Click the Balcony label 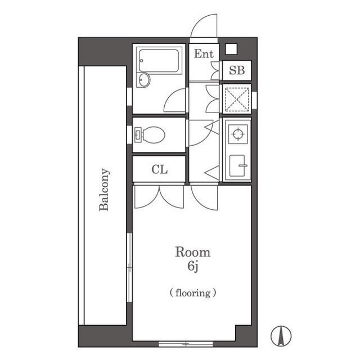pyautogui.click(x=105, y=190)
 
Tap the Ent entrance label pyautogui.click(x=204, y=54)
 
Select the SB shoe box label pyautogui.click(x=237, y=70)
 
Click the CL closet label pyautogui.click(x=160, y=170)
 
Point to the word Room pyautogui.click(x=193, y=252)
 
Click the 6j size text pyautogui.click(x=193, y=267)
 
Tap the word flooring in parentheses pyautogui.click(x=193, y=293)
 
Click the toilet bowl pyautogui.click(x=150, y=135)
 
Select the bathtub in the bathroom pyautogui.click(x=159, y=61)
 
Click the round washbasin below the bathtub pyautogui.click(x=144, y=80)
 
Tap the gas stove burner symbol pyautogui.click(x=238, y=134)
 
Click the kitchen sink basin pyautogui.click(x=237, y=166)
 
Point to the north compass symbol pyautogui.click(x=281, y=336)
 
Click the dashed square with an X pyautogui.click(x=237, y=99)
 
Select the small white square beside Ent pyautogui.click(x=231, y=49)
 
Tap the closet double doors pyautogui.click(x=159, y=197)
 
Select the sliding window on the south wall pyautogui.click(x=186, y=344)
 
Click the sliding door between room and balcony pyautogui.click(x=130, y=268)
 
